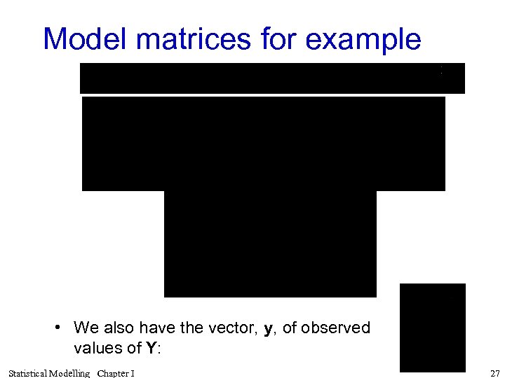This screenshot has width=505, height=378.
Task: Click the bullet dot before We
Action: click(x=61, y=328)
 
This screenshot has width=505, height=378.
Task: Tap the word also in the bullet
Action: click(x=117, y=328)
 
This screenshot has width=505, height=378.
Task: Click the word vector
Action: click(x=229, y=328)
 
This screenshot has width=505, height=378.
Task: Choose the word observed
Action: click(x=339, y=328)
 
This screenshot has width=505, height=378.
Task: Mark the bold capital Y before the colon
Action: click(x=150, y=348)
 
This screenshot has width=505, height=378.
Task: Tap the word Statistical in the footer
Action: click(x=28, y=373)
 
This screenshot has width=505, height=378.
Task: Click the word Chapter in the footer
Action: click(x=113, y=373)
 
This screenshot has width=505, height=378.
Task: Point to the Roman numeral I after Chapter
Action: click(x=133, y=373)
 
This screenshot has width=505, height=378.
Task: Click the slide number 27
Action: click(x=495, y=373)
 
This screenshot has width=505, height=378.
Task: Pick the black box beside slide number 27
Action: click(x=432, y=327)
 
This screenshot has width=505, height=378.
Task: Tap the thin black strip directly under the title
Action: click(x=272, y=78)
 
